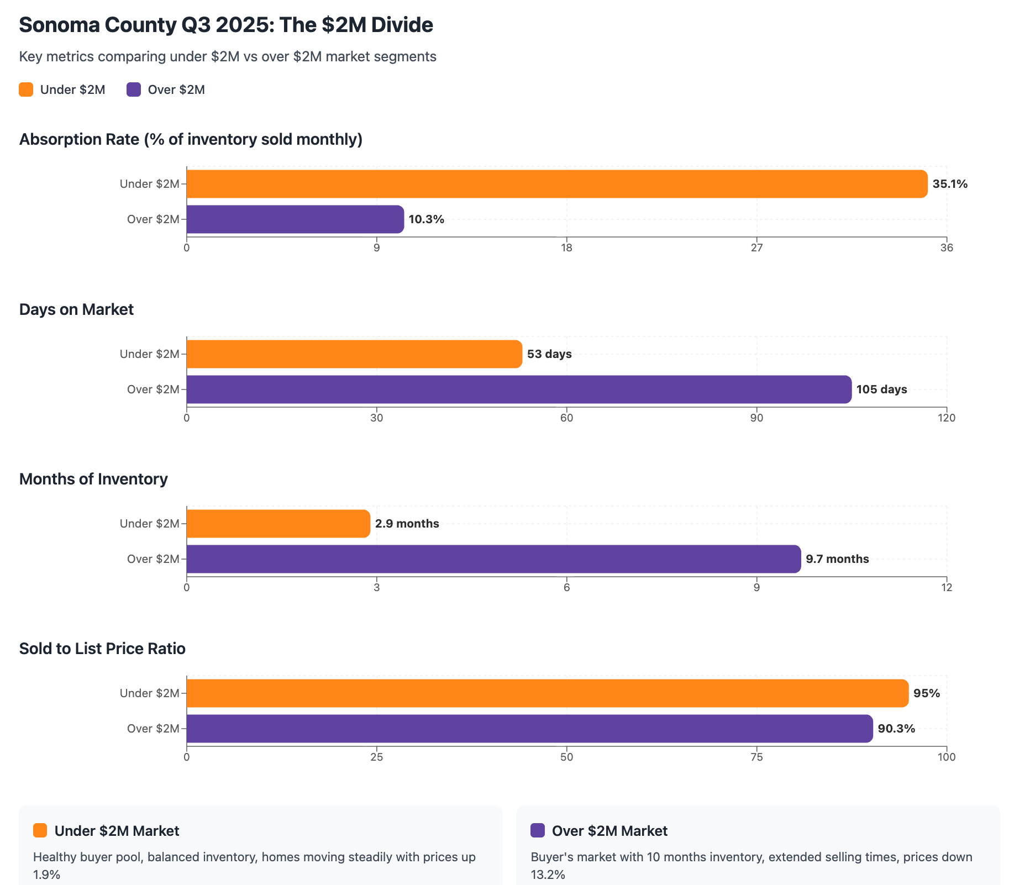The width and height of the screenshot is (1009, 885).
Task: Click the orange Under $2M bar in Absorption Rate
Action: click(x=556, y=184)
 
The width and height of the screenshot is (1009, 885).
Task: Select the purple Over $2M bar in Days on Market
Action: click(x=519, y=389)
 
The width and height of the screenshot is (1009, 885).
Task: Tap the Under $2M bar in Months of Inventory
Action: click(x=278, y=524)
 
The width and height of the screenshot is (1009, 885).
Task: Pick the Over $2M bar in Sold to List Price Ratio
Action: click(x=529, y=729)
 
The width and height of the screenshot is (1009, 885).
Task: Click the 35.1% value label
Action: click(x=950, y=184)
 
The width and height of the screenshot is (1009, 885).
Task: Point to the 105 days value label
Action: click(x=881, y=389)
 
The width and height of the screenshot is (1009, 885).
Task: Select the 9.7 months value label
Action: click(x=837, y=559)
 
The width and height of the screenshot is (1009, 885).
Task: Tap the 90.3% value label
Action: click(x=896, y=729)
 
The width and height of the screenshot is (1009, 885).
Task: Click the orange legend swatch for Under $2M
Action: click(x=26, y=89)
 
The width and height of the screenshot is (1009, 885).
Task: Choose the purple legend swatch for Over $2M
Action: click(x=134, y=89)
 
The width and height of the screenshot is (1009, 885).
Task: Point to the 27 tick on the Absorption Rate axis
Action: click(x=756, y=248)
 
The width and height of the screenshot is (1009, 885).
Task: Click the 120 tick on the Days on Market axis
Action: click(x=947, y=418)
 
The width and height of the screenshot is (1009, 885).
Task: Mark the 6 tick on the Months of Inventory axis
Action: click(x=566, y=588)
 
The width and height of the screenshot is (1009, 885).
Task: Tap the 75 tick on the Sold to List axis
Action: click(x=756, y=757)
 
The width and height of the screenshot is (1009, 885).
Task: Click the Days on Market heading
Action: click(x=76, y=309)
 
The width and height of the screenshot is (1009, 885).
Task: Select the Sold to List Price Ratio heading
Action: click(x=102, y=649)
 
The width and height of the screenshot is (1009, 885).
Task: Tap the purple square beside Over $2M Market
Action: click(x=537, y=830)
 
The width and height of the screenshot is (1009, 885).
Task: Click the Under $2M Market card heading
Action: click(x=117, y=831)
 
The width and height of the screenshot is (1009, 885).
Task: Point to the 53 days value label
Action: click(x=549, y=354)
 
